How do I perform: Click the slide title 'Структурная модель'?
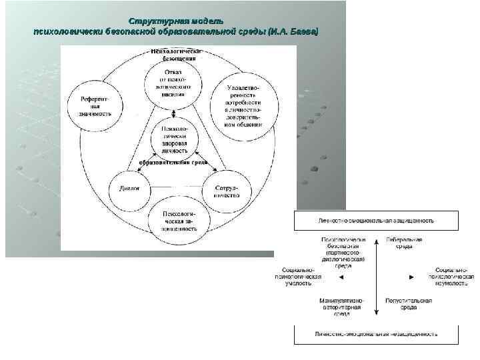tap(175, 23)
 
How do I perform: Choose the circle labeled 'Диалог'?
tap(129, 189)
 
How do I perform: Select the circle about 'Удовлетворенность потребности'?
tap(244, 106)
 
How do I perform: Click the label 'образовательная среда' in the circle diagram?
tap(175, 162)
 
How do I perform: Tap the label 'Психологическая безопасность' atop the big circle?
tap(175, 55)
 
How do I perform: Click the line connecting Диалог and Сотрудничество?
tap(177, 187)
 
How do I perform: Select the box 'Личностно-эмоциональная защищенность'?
tap(376, 220)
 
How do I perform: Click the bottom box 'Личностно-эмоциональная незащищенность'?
tap(376, 333)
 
